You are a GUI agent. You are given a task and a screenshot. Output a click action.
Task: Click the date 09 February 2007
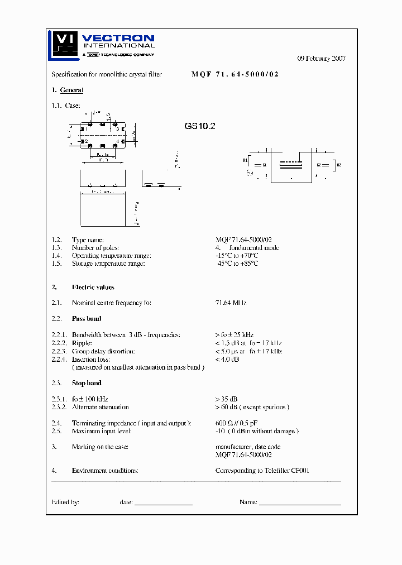coord(321,58)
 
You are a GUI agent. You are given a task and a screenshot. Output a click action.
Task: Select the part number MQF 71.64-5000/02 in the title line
coord(234,74)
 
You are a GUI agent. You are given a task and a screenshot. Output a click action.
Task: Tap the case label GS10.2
coord(200,126)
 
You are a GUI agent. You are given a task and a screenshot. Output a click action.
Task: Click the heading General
coord(71,90)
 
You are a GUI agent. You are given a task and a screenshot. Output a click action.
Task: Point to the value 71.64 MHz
coord(231,303)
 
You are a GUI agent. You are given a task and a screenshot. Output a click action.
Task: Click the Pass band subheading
coord(87,319)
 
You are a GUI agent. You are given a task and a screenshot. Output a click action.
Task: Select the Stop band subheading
coord(87,383)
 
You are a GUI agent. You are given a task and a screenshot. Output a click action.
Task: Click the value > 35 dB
coord(226,399)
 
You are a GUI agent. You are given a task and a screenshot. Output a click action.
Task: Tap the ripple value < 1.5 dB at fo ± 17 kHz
coord(248,343)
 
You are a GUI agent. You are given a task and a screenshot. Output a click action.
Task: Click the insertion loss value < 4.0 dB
coord(227,360)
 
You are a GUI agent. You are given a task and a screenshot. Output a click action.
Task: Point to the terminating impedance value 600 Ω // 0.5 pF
coord(236,423)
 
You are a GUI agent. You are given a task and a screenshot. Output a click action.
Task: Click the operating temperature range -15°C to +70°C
coord(236,256)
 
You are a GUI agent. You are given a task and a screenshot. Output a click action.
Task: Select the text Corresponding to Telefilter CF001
coord(262,471)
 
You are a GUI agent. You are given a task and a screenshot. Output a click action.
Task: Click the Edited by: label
coord(65,502)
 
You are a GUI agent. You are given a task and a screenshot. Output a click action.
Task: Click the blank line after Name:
coord(300,504)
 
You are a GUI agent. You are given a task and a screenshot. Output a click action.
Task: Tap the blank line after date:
coord(163,504)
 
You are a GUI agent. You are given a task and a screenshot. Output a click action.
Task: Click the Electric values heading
coord(93,287)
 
